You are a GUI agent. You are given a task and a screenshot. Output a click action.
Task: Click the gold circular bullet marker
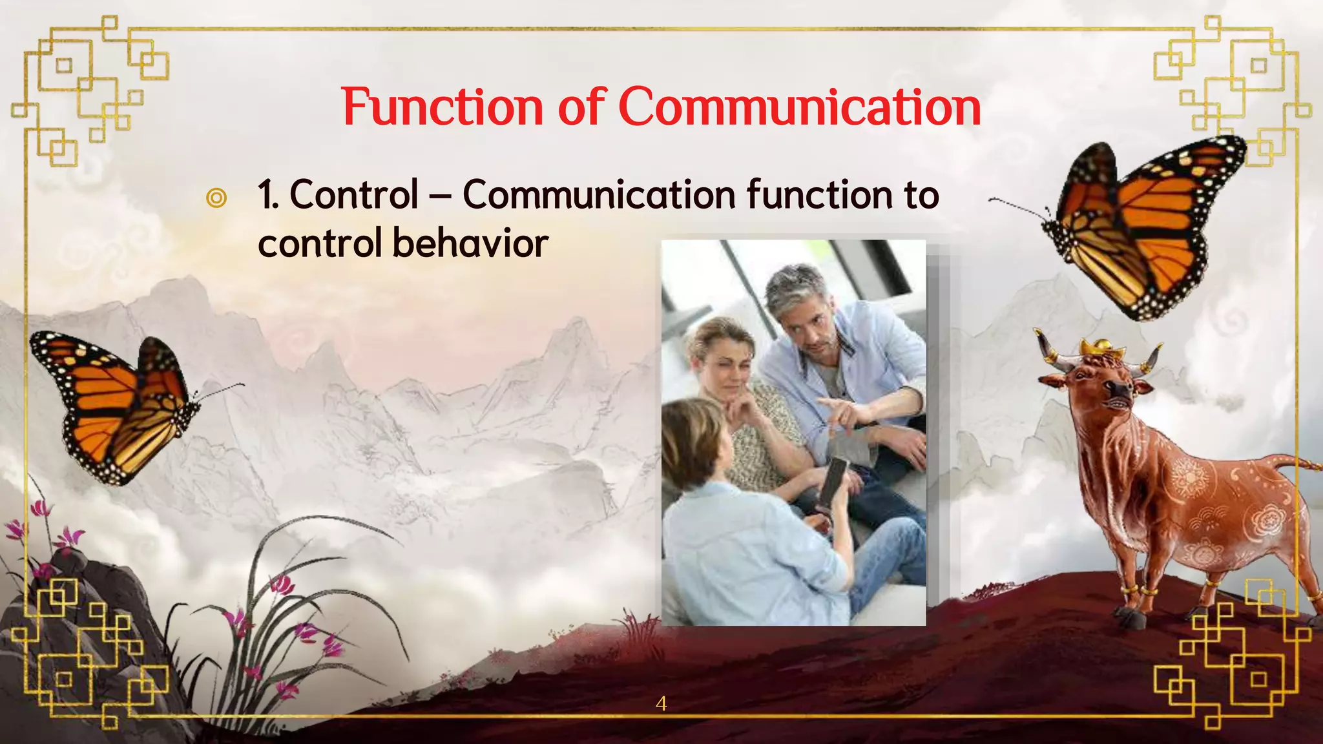pos(216,198)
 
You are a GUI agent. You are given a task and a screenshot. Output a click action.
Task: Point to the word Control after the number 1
pos(354,194)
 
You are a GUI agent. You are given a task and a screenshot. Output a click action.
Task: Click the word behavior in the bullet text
pos(470,243)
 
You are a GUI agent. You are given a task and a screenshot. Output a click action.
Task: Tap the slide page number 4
pos(661,703)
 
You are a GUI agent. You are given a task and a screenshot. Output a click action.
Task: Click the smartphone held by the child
pos(833,481)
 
